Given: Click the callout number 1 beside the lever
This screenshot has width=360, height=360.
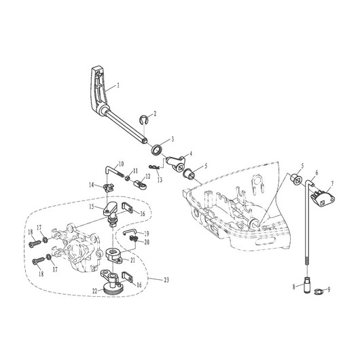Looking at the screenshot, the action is tap(118, 86).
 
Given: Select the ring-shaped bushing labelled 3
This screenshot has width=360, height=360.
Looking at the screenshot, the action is tap(158, 149).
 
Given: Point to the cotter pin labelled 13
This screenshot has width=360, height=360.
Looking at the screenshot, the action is tap(154, 167).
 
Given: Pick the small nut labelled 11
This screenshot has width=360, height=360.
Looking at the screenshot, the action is tap(128, 178).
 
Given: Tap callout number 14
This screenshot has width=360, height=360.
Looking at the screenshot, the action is tap(92, 185).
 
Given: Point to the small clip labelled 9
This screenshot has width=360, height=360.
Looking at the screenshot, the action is tap(318, 291).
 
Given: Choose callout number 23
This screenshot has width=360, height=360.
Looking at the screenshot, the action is tap(166, 280).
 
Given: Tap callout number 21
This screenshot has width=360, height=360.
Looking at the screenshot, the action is tap(132, 260).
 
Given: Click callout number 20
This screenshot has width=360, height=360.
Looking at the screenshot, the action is tap(147, 242).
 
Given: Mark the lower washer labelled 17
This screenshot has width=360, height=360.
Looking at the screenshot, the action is tap(49, 257).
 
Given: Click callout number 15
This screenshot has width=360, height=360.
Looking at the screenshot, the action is tap(92, 206).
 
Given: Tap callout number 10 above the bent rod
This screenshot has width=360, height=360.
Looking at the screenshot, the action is tap(121, 164).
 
